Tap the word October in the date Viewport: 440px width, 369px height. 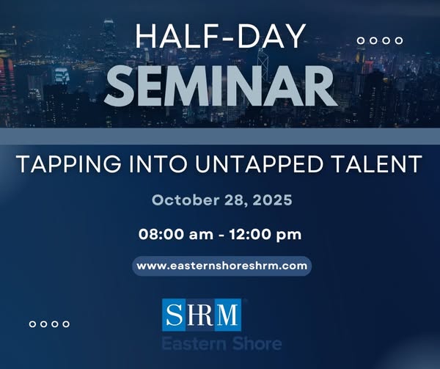pos(180,200)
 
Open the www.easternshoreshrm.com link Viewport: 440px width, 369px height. pos(221,266)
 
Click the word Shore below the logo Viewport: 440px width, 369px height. pos(254,343)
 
